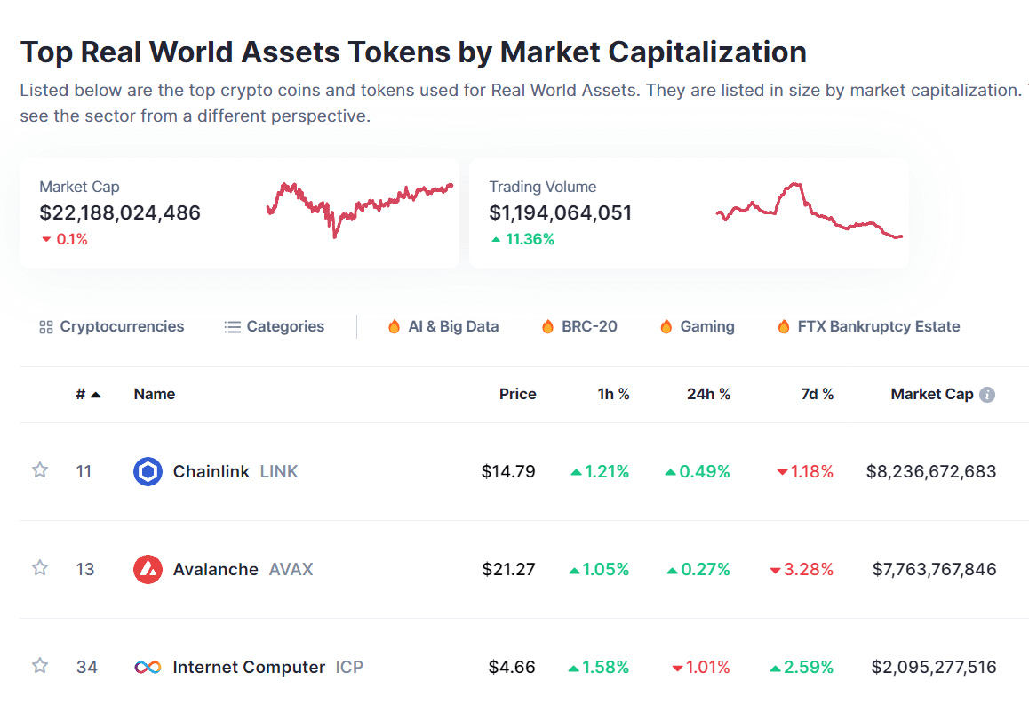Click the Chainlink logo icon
148,471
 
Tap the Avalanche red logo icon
148,569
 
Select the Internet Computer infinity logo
148,667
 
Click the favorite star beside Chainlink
40,470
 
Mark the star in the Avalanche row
40,568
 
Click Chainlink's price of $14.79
508,471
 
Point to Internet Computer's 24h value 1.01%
701,667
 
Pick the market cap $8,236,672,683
930,471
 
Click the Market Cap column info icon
986,395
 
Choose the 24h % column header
708,394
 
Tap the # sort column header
88,394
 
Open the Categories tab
275,326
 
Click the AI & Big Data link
443,326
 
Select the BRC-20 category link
579,326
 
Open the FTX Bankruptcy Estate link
868,326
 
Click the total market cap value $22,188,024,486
120,212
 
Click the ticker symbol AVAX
291,569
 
